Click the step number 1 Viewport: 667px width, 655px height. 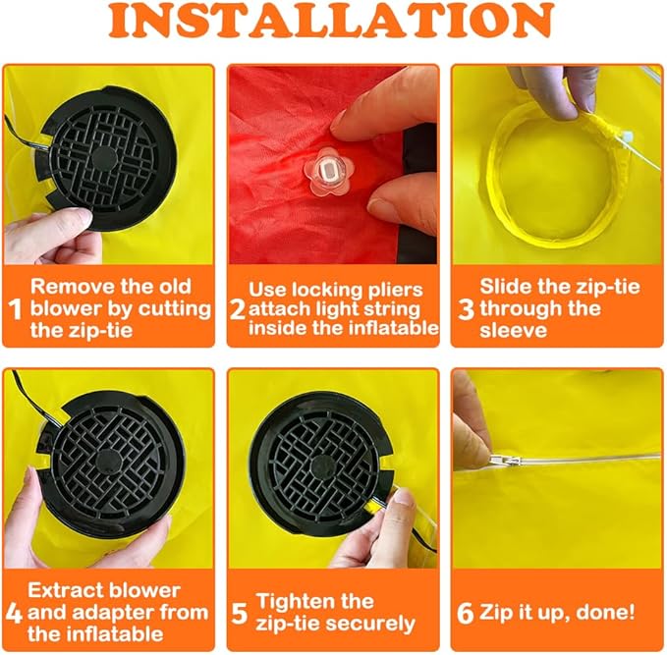[15, 309]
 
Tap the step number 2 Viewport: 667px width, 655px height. [238, 309]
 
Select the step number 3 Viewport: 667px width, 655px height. [467, 309]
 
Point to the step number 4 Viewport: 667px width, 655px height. [14, 613]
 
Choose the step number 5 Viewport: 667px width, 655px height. [239, 613]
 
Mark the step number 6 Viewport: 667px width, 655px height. [465, 613]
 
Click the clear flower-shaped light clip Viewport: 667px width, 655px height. [327, 173]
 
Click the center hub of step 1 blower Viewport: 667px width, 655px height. [104, 158]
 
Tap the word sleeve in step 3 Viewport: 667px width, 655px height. [514, 330]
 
